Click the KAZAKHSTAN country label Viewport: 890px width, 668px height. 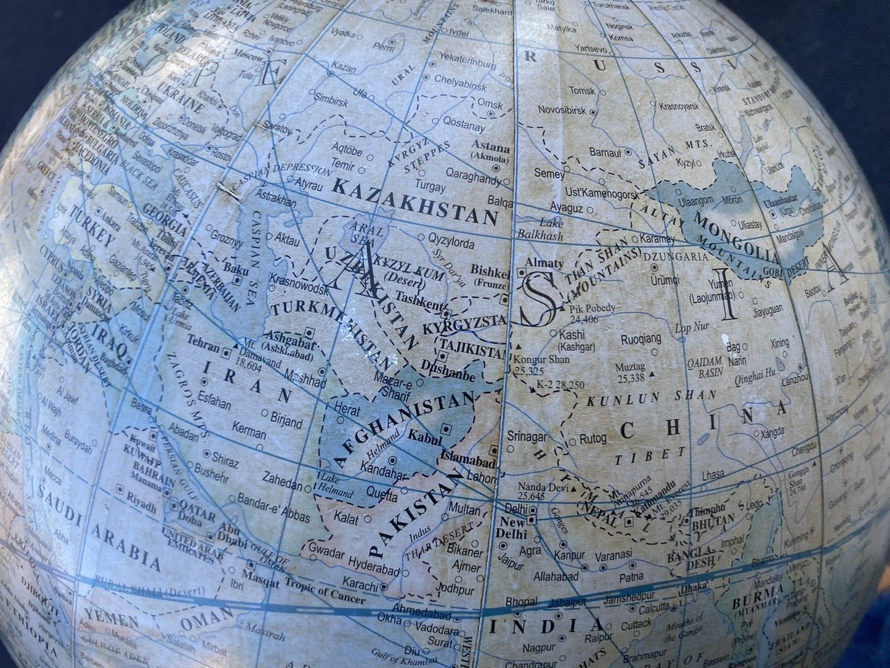click(x=415, y=199)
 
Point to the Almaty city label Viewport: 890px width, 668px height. click(x=543, y=263)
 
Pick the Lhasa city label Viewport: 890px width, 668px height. click(x=713, y=475)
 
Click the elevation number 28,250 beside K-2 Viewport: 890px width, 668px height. click(x=568, y=385)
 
